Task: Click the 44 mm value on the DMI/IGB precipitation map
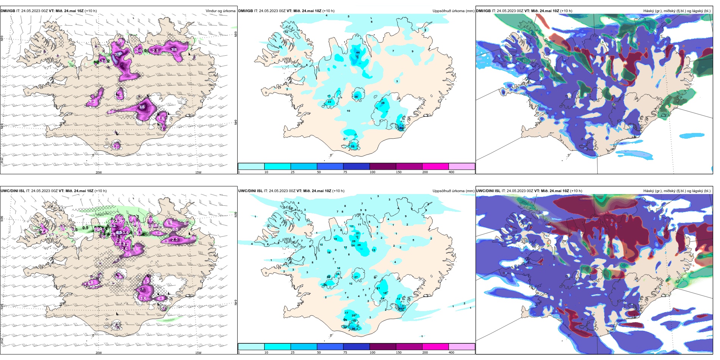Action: tap(358, 52)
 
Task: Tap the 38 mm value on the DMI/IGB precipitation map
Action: tap(356, 97)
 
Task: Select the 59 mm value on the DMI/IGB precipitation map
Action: tap(401, 128)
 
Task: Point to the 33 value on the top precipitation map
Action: tap(352, 146)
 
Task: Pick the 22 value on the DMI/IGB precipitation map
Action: tap(329, 102)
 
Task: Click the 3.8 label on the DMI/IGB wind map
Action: tap(174, 50)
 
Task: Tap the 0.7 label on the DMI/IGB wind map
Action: tap(111, 112)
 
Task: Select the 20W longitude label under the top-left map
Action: tap(99, 172)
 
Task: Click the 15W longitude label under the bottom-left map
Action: tap(198, 353)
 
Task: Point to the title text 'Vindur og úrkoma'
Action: tap(220, 11)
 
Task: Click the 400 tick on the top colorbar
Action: tap(451, 172)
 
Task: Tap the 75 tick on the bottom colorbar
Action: tap(345, 352)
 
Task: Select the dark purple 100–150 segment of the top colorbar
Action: tap(383, 166)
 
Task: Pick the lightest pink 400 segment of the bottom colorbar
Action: tap(462, 346)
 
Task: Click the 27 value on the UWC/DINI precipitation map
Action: tap(356, 277)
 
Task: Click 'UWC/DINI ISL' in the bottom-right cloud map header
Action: tap(488, 191)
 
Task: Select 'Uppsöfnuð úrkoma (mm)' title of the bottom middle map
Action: tap(453, 191)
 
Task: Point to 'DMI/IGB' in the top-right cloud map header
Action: tap(483, 11)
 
